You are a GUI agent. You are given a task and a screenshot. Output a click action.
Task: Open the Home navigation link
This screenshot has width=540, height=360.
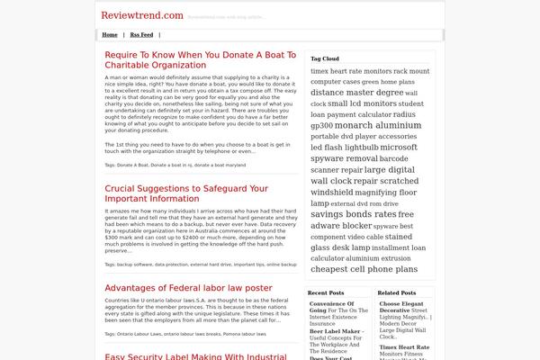pos(110,35)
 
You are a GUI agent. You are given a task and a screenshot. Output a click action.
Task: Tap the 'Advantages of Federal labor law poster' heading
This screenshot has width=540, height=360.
pos(188,287)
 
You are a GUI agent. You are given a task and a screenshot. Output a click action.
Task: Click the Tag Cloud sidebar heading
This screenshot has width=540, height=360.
pos(325,58)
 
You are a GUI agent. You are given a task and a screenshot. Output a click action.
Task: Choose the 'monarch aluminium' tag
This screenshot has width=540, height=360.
pos(377,125)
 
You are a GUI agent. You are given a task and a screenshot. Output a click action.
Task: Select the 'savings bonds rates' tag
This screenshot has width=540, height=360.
pos(353,214)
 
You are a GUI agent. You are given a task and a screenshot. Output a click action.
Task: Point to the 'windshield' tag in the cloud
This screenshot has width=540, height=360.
pos(331,192)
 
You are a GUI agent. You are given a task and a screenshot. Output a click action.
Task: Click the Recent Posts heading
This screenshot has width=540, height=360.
pos(325,292)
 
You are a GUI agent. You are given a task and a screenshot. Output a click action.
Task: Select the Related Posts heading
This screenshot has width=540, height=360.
pos(396,292)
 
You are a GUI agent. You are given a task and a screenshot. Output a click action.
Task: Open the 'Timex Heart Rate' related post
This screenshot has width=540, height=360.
pos(403,346)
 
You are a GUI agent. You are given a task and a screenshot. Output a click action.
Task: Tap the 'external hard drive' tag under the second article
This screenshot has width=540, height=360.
pos(211,265)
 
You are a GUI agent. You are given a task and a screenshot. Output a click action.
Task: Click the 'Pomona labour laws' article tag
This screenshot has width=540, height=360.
pos(244,334)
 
